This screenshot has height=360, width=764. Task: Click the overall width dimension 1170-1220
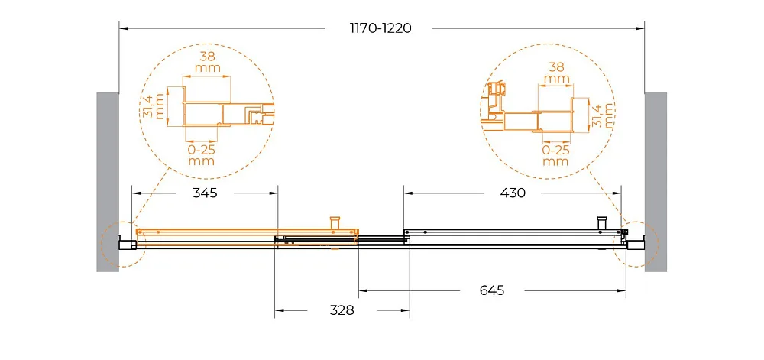coord(380,28)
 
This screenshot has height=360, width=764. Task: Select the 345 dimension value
coord(205,193)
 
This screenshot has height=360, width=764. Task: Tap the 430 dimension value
coord(513,193)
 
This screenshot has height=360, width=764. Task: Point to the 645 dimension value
coord(492,290)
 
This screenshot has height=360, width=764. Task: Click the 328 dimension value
coord(342,310)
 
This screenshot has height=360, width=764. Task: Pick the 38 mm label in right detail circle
coord(556,73)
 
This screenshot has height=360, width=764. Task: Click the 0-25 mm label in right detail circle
coord(556,155)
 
